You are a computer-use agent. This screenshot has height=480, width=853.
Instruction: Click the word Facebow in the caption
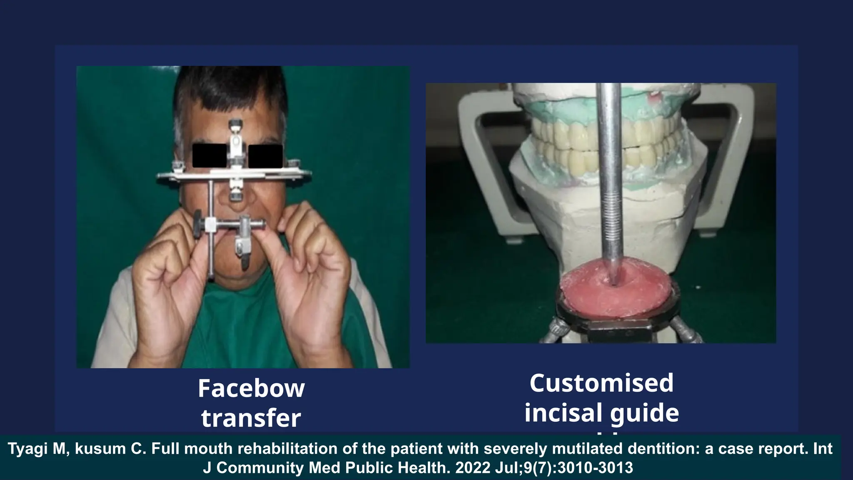tap(251, 388)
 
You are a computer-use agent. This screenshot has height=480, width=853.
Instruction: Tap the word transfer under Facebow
tap(251, 418)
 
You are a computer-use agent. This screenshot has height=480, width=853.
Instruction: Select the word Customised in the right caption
tap(601, 383)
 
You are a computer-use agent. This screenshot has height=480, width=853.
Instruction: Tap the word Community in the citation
tap(261, 468)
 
